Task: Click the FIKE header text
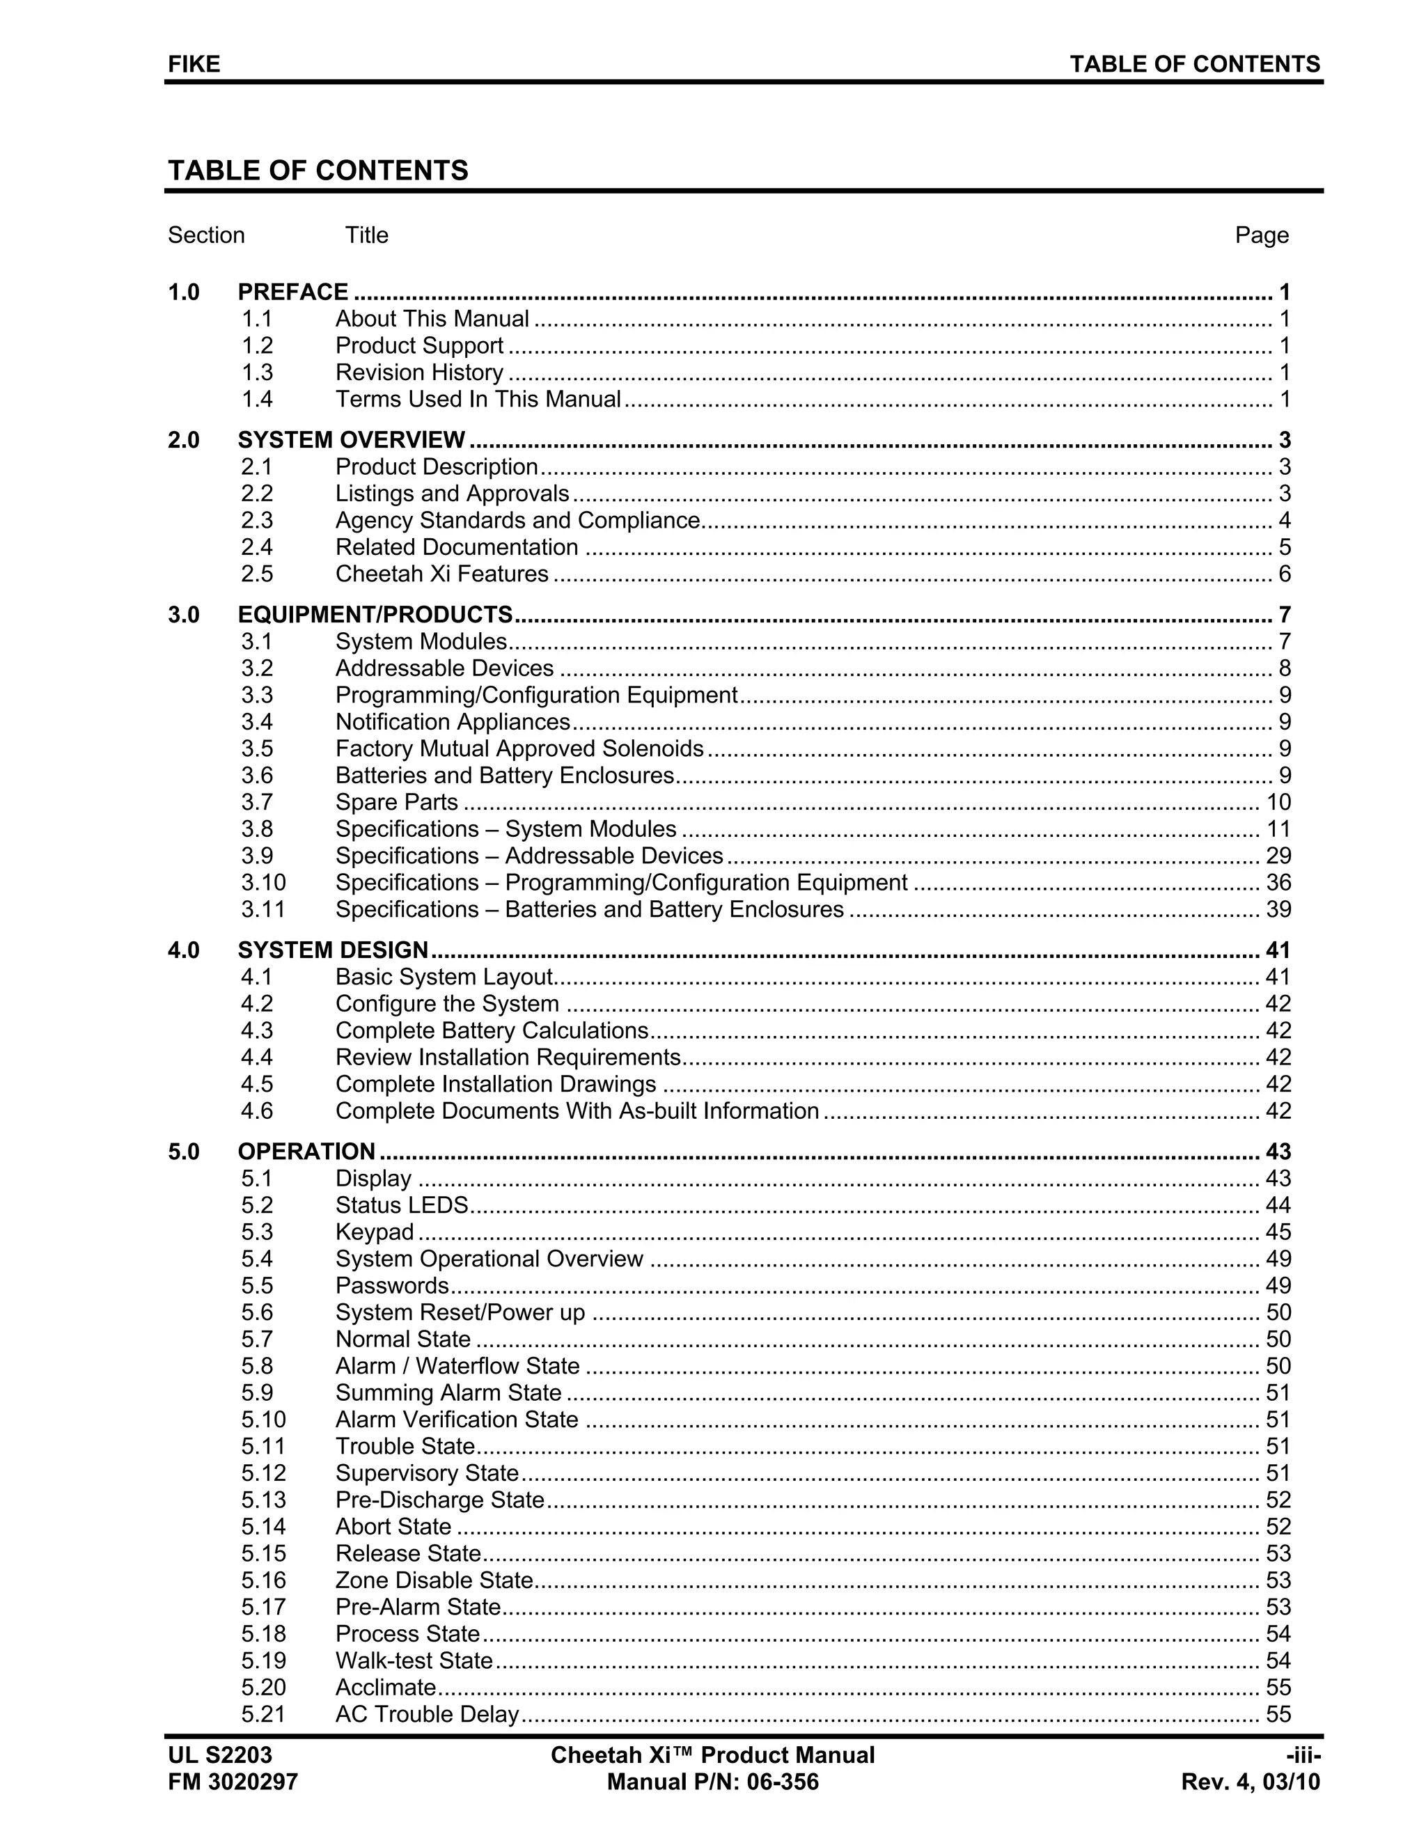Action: click(194, 64)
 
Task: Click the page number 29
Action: click(1277, 856)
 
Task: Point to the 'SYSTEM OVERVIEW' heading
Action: click(351, 440)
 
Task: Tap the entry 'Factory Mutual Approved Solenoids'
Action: click(519, 749)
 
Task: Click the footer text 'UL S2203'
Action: click(219, 1755)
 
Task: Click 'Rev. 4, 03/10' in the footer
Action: click(1251, 1782)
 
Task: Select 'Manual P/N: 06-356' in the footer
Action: click(712, 1782)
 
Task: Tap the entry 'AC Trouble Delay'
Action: click(427, 1714)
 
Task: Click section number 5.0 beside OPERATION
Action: click(183, 1152)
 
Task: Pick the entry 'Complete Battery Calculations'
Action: click(492, 1030)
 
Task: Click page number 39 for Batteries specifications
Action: click(1277, 910)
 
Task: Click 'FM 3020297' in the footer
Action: click(233, 1782)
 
